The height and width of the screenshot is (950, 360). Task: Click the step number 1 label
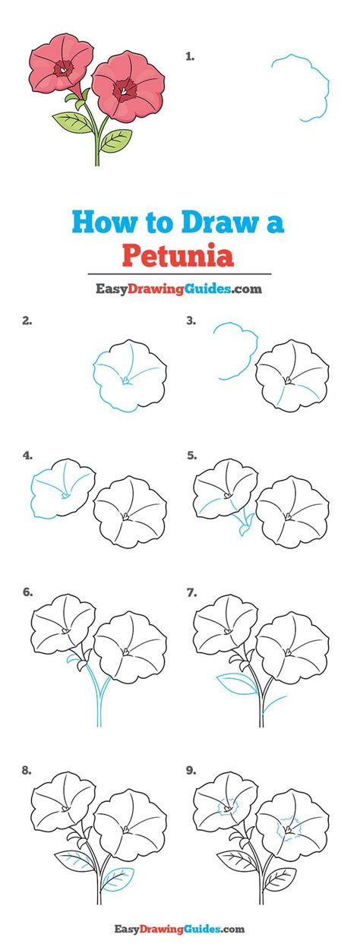click(x=190, y=55)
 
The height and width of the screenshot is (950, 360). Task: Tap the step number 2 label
click(x=27, y=320)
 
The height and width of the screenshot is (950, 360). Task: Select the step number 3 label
click(x=191, y=320)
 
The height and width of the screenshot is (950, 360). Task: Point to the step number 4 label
click(x=27, y=456)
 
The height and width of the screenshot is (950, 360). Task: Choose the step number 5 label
click(x=191, y=456)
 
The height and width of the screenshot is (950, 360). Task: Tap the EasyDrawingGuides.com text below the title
click(x=179, y=289)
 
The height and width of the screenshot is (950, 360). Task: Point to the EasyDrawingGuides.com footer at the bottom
click(x=181, y=928)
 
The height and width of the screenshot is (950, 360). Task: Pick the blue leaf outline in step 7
click(x=236, y=683)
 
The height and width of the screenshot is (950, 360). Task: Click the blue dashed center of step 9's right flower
click(x=286, y=823)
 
